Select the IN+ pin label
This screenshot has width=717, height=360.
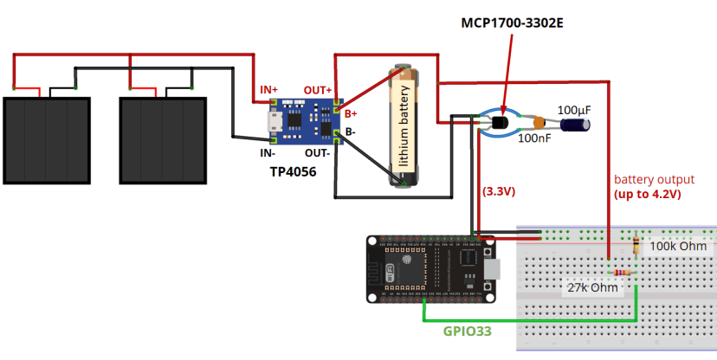click(x=269, y=90)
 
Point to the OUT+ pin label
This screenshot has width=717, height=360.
click(x=317, y=90)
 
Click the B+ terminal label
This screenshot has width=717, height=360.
click(x=351, y=112)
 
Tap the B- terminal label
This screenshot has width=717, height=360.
click(x=351, y=132)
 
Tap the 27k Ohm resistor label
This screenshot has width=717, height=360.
click(x=593, y=287)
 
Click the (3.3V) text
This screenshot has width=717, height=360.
click(x=499, y=190)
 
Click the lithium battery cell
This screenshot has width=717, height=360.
click(x=404, y=125)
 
